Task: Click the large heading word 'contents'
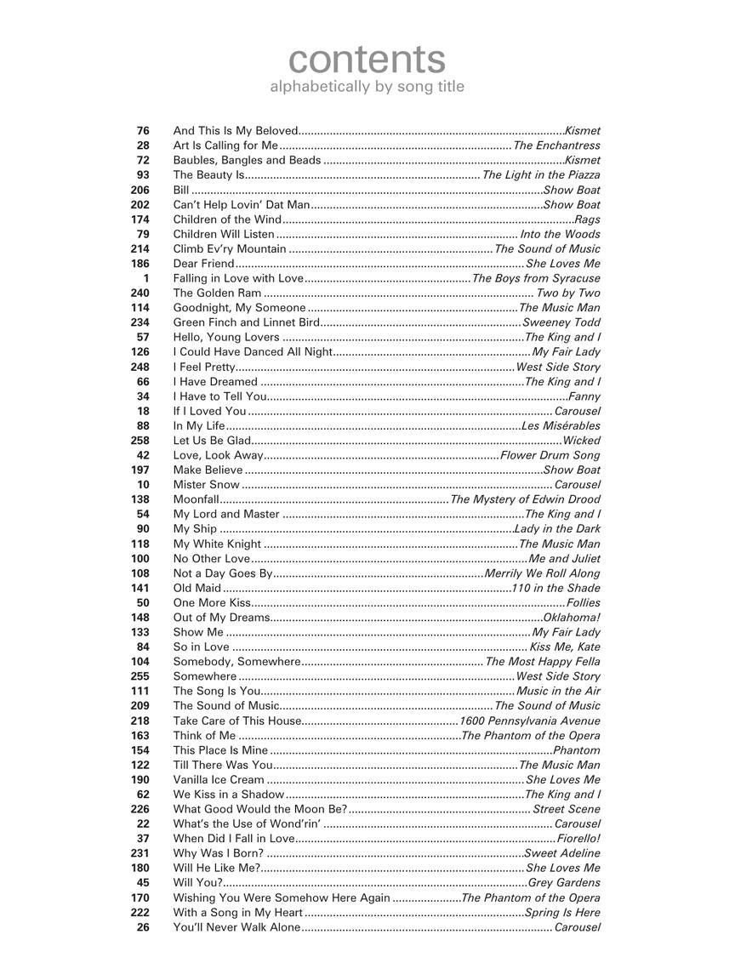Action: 367,60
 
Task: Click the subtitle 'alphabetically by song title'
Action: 367,87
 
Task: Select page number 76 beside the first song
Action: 142,131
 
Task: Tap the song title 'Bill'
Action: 181,190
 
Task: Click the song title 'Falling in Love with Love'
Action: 238,278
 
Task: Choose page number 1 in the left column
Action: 145,278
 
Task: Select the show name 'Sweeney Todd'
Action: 561,322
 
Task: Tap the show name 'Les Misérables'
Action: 561,425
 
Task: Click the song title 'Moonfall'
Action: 197,499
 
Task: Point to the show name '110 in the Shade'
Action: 556,588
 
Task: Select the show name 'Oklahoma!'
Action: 572,618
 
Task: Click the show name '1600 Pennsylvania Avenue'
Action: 529,721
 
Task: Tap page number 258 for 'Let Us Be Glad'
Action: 140,441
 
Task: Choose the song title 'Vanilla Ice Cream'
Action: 219,779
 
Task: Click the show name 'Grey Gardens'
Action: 564,882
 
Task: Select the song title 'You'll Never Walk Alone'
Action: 236,927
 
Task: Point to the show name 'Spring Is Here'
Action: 562,912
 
